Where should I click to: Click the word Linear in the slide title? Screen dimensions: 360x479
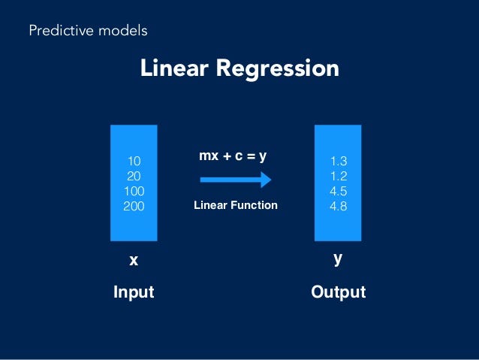click(173, 68)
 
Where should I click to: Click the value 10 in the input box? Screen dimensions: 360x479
click(134, 161)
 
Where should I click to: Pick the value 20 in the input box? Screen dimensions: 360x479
click(134, 176)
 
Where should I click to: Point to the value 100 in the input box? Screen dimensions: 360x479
click(134, 191)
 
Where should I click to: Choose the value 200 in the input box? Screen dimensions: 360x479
click(134, 206)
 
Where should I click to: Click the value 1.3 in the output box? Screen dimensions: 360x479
click(339, 161)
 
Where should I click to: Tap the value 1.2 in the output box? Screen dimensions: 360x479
click(339, 176)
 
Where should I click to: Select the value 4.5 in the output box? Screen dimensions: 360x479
click(339, 191)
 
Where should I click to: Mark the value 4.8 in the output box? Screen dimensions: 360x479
click(339, 206)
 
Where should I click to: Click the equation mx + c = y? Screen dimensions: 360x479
click(233, 156)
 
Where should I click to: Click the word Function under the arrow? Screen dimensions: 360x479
click(253, 205)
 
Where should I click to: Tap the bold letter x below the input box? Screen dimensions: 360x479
click(134, 261)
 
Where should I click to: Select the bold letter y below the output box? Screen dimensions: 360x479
click(338, 259)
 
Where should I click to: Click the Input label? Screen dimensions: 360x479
click(134, 292)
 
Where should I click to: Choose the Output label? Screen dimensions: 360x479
click(338, 292)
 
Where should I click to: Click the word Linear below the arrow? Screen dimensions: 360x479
click(209, 205)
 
